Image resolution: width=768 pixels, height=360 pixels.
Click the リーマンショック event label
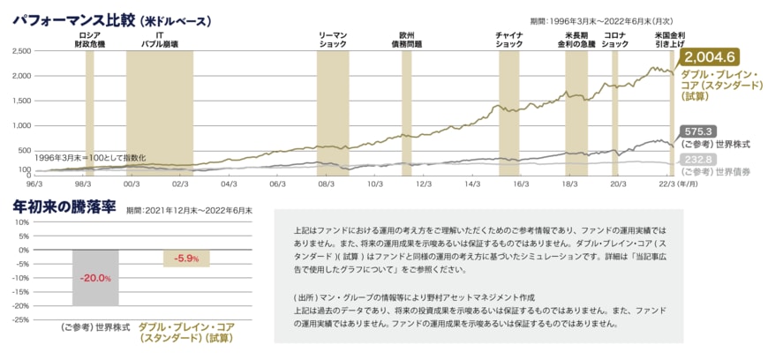[333, 39]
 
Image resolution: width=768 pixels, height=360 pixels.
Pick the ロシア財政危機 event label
[89, 39]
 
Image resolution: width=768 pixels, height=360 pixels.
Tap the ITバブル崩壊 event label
[160, 39]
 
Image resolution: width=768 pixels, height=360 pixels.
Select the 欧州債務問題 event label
[406, 39]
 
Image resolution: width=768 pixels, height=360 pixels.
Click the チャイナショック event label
[509, 39]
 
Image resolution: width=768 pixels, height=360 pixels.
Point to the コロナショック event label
[614, 39]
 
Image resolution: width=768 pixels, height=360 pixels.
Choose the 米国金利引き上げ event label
[670, 39]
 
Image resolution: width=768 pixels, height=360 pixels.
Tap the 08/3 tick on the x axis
[326, 184]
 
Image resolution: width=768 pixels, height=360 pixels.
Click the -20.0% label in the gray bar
[95, 278]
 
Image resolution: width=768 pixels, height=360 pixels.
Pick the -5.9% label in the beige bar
[186, 259]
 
